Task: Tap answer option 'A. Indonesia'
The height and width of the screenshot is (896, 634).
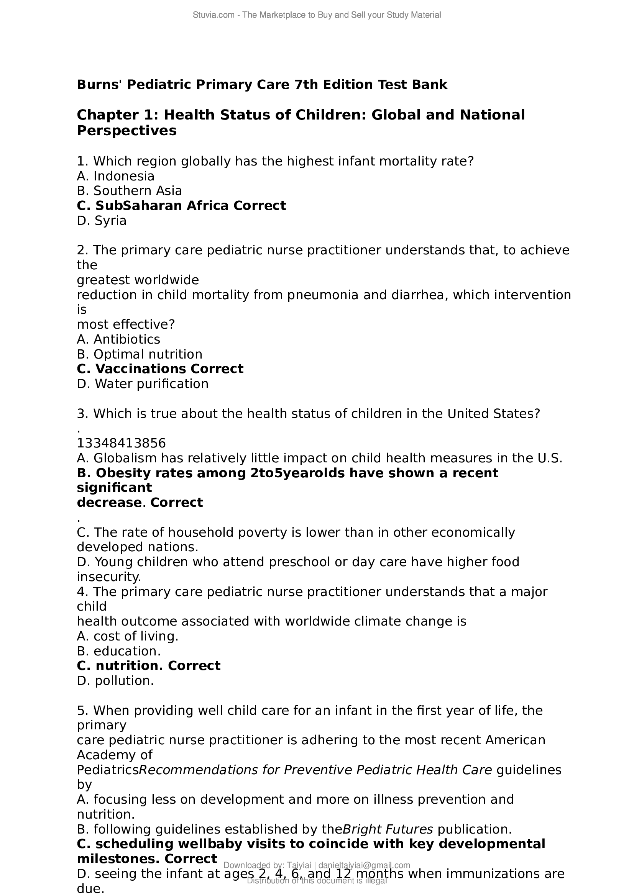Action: click(x=115, y=176)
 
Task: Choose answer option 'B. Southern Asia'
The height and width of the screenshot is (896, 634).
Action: click(x=129, y=191)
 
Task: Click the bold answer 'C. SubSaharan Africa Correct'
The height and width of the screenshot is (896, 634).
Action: click(x=181, y=206)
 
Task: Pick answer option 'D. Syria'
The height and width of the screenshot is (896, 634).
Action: click(x=102, y=221)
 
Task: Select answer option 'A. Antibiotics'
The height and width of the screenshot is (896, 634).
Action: click(x=118, y=339)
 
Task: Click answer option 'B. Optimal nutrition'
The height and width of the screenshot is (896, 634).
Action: click(x=140, y=354)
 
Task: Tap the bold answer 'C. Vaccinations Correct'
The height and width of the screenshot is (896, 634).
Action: click(x=160, y=369)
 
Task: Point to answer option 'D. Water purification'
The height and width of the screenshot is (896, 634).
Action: click(x=143, y=384)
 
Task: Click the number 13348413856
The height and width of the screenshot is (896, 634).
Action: click(x=121, y=443)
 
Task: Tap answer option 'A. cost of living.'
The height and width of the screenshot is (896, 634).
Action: click(x=127, y=637)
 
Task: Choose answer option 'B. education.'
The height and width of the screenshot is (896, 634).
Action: click(x=119, y=651)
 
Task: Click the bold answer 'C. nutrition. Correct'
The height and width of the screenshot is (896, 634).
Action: click(x=148, y=666)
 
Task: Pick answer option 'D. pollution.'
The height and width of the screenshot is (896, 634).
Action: click(x=115, y=681)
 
